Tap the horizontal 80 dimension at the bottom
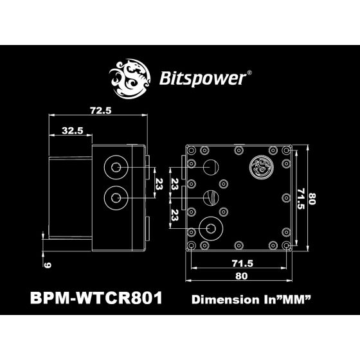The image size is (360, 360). pos(239,277)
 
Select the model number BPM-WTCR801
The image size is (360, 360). pos(96,299)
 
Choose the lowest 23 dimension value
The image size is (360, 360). pos(173,213)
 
